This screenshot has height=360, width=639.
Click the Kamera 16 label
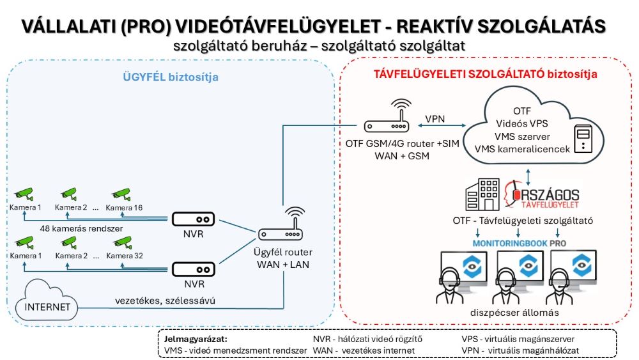pyautogui.click(x=124, y=208)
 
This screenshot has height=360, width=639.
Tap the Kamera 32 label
pyautogui.click(x=124, y=256)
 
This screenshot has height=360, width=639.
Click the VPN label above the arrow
pyautogui.click(x=438, y=120)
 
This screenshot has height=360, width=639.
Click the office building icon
pyautogui.click(x=482, y=194)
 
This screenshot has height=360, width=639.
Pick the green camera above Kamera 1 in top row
pyautogui.click(x=24, y=192)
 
